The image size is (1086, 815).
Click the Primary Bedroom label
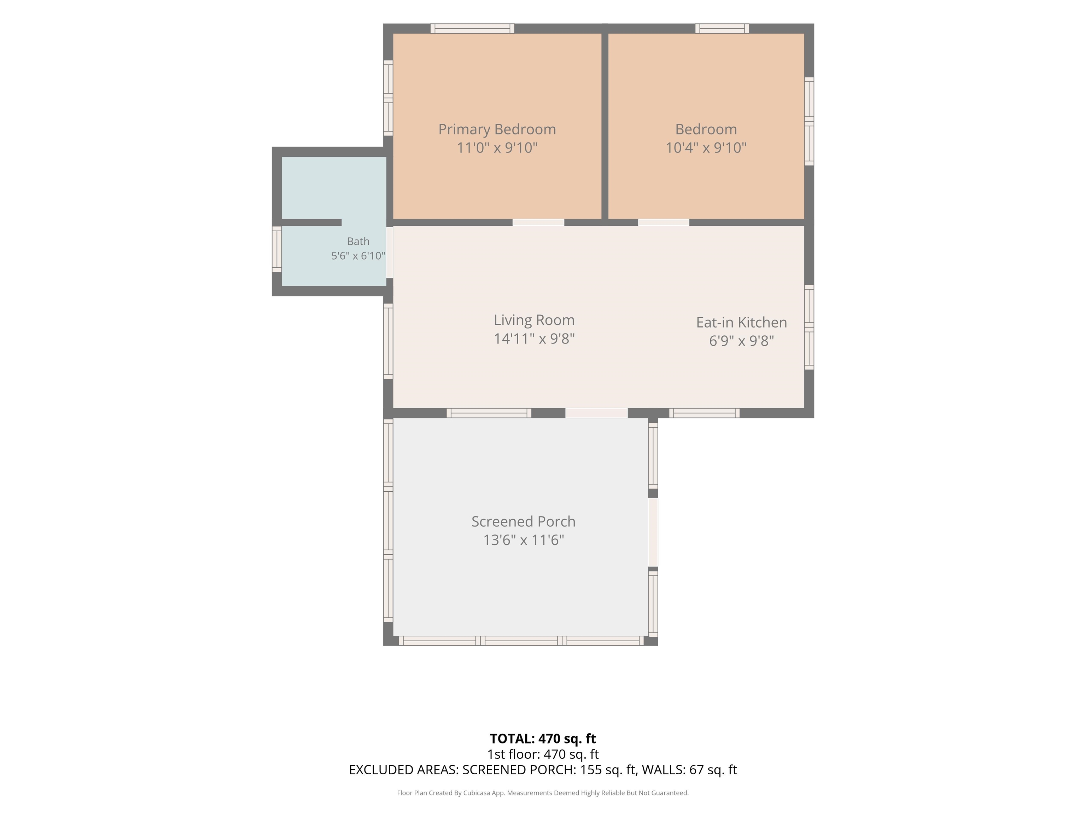coord(497,129)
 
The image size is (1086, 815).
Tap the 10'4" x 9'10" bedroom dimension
coord(706,148)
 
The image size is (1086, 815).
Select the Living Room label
coord(534,320)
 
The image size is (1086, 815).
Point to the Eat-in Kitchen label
coord(741,322)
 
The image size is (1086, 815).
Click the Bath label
coord(358,241)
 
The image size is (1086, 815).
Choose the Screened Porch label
coord(523,521)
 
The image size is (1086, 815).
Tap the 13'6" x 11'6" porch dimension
coord(523,540)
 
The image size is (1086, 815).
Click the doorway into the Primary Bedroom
coord(538,222)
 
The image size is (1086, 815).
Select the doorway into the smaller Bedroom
coord(663,222)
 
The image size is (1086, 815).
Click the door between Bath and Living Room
coord(390,253)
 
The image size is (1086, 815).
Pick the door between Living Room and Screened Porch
coord(596,413)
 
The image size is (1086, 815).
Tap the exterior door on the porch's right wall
coord(653,532)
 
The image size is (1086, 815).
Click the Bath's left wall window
coord(277,249)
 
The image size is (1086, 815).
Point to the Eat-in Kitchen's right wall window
coord(809,327)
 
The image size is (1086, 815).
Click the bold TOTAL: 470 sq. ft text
coord(543,739)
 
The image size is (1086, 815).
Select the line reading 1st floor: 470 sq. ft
coord(543,754)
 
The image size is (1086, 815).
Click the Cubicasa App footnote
coord(543,793)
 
